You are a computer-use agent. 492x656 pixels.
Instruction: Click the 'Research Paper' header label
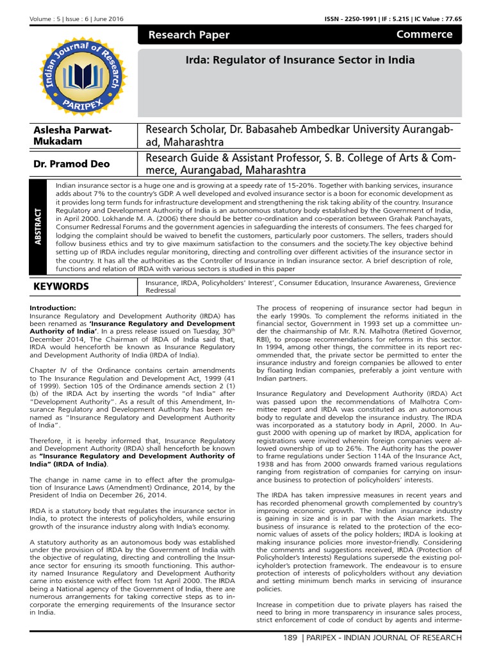pos(189,35)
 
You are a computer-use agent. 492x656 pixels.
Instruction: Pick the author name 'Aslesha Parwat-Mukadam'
pos(72,135)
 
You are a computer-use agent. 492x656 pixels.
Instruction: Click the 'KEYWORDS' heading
pos(61,286)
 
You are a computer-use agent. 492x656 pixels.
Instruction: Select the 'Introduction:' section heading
pos(53,308)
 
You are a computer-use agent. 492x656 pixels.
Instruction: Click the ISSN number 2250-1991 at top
pos(348,19)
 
